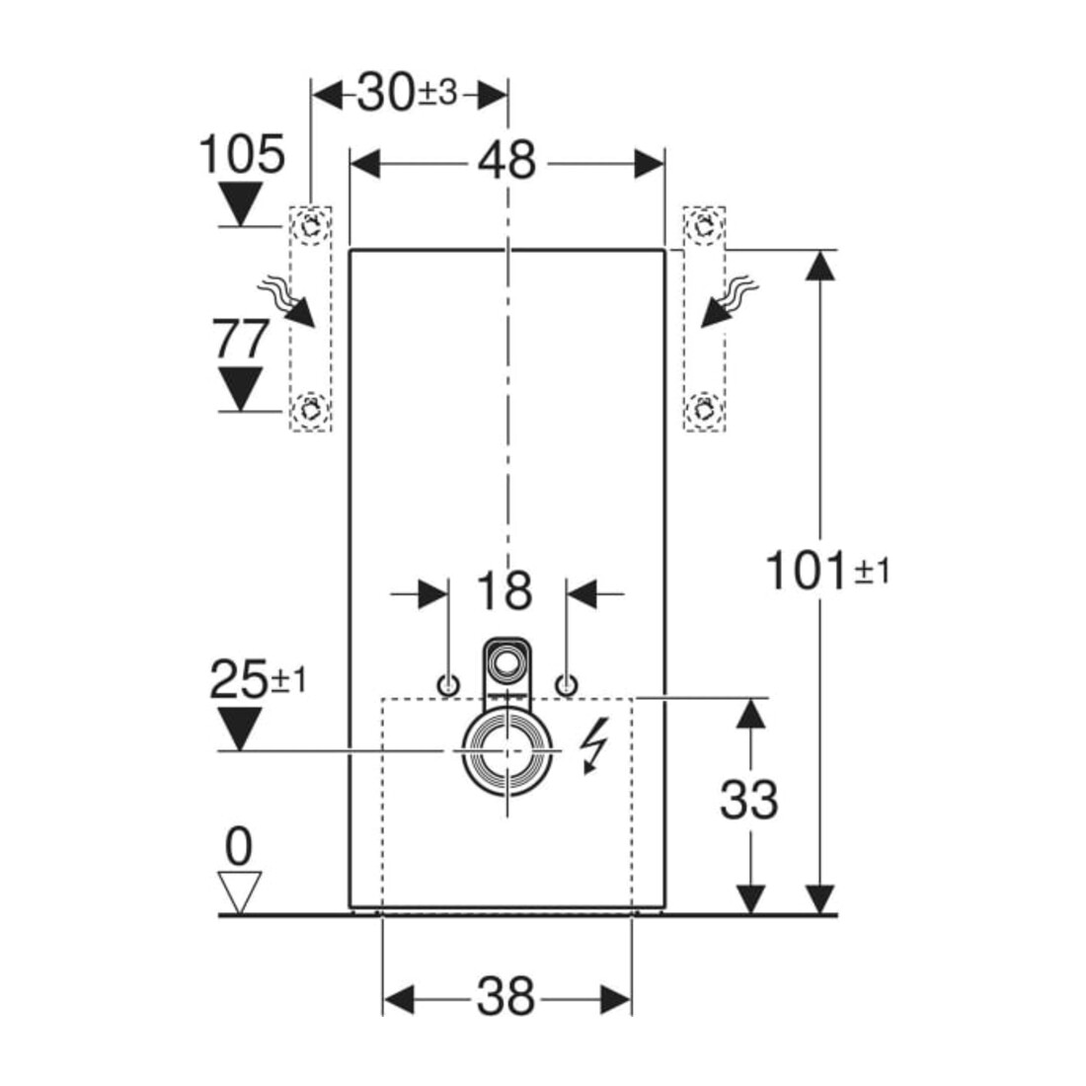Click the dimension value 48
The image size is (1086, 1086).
pyautogui.click(x=506, y=161)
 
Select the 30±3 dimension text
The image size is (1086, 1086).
pyautogui.click(x=407, y=93)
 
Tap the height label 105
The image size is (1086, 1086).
pyautogui.click(x=242, y=154)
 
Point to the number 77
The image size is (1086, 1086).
pyautogui.click(x=240, y=339)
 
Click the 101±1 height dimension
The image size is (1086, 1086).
pyautogui.click(x=826, y=570)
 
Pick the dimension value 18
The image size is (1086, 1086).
pyautogui.click(x=504, y=590)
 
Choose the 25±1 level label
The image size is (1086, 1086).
pyautogui.click(x=257, y=679)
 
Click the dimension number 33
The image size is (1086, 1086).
pyautogui.click(x=748, y=800)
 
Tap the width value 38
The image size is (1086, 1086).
pyautogui.click(x=505, y=997)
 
